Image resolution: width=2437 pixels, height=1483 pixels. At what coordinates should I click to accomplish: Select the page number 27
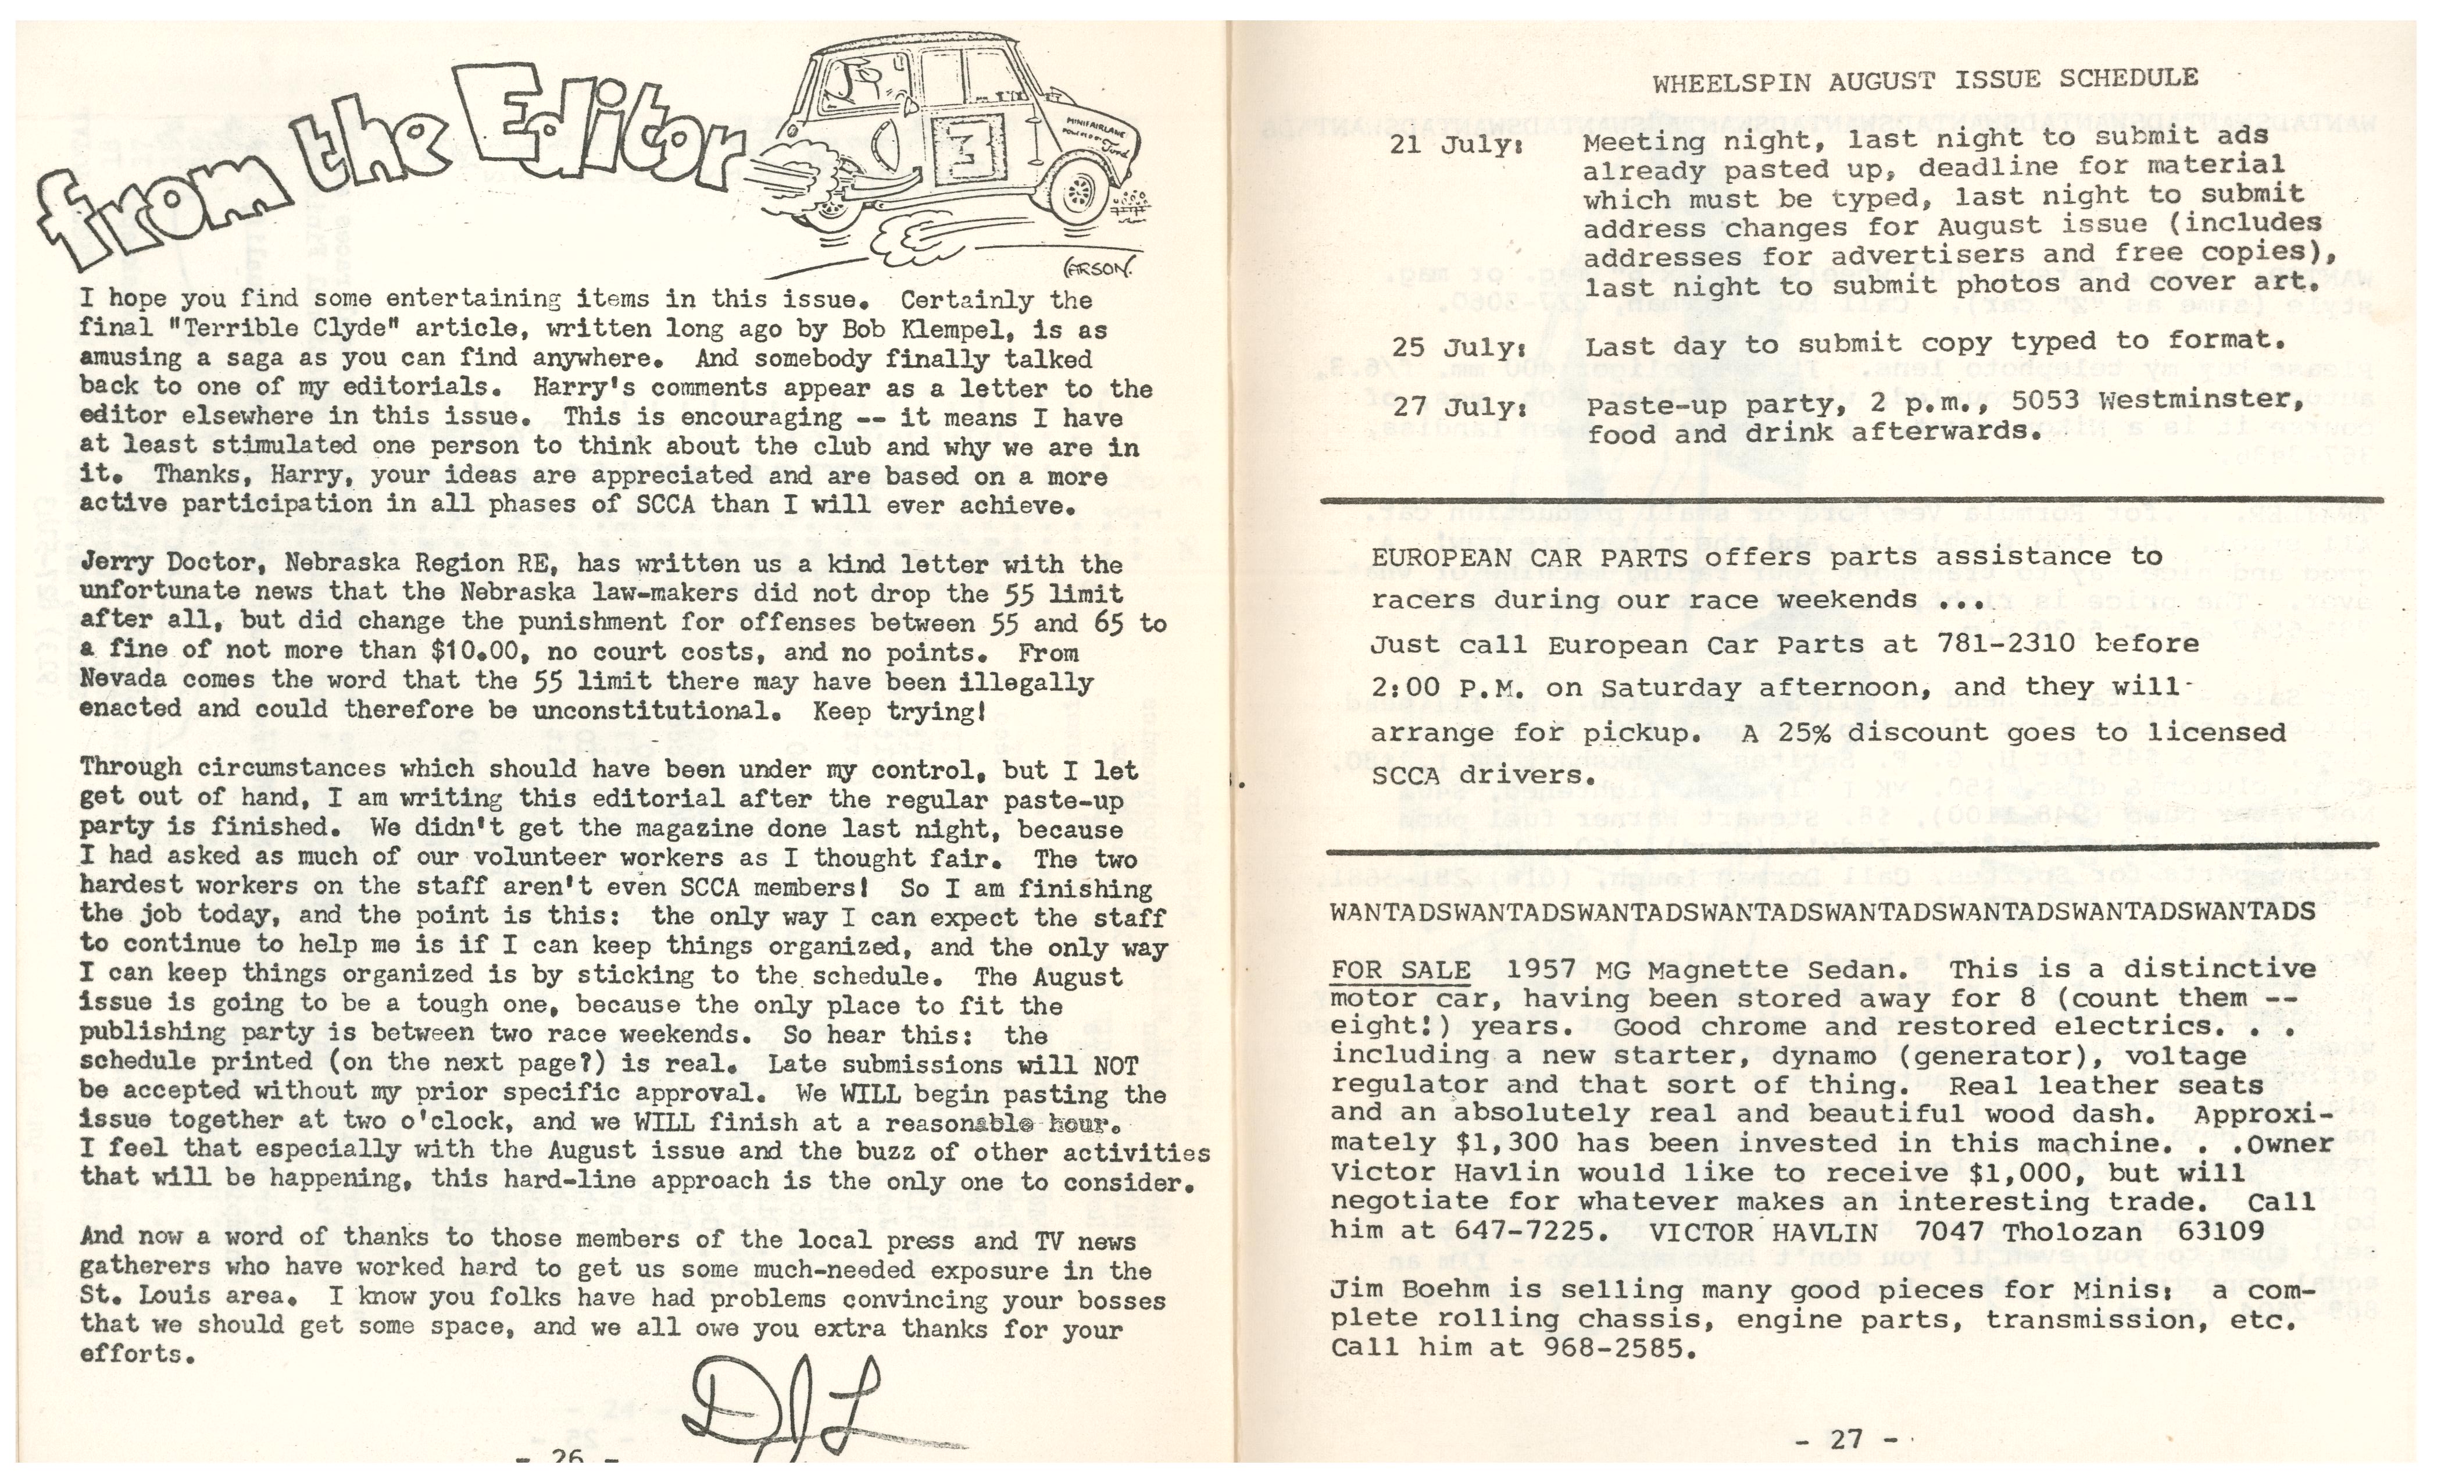(1846, 1439)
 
